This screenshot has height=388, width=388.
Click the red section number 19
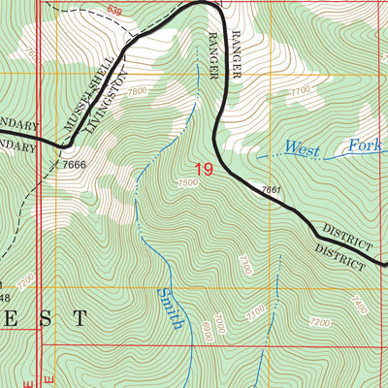(203, 171)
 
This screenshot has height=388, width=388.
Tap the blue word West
(302, 147)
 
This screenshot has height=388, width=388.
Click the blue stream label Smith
(171, 307)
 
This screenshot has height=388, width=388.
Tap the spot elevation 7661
(271, 189)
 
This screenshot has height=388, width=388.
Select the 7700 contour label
(301, 93)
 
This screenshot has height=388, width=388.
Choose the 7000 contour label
(220, 320)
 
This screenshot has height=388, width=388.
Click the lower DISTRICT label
(339, 255)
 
